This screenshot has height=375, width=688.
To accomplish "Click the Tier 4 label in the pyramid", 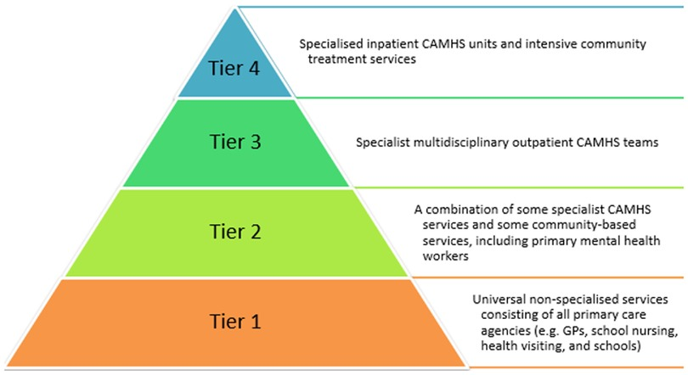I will pos(238,68).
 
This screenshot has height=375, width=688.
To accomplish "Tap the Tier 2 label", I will pos(238,230).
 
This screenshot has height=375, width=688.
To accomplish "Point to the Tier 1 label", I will pos(238,322).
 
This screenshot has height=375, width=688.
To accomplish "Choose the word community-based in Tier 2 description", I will pos(556,223).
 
